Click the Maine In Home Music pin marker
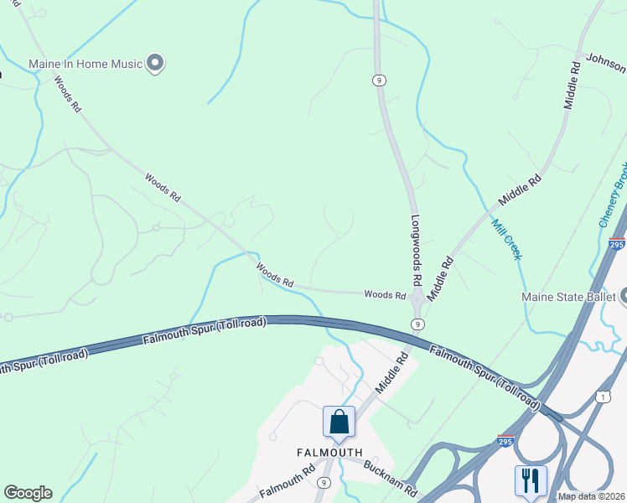154,62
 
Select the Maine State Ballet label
568,297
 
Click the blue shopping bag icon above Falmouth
339,421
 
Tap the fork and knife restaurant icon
530,480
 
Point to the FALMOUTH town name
330,452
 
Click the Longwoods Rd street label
417,249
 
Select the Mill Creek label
506,239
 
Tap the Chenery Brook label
613,201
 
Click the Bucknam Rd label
390,478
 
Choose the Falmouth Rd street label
287,485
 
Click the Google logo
28,493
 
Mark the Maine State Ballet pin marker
624,296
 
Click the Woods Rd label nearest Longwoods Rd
385,294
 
